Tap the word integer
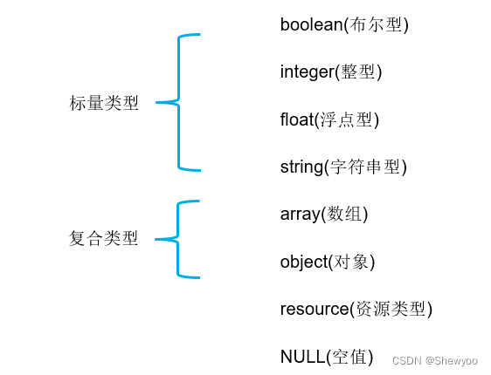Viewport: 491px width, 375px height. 307,72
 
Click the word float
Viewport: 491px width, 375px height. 296,119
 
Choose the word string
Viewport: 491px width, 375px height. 301,167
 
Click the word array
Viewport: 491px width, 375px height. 300,214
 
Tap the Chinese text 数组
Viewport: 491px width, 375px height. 347,214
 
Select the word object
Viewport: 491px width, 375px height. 303,261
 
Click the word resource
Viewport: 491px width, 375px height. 315,309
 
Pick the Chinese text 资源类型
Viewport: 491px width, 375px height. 391,309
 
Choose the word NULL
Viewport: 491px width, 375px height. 301,356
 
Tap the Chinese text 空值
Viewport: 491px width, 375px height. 352,356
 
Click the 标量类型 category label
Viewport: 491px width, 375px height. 104,103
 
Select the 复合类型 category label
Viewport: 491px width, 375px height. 104,238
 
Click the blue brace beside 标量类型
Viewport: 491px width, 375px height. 178,102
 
